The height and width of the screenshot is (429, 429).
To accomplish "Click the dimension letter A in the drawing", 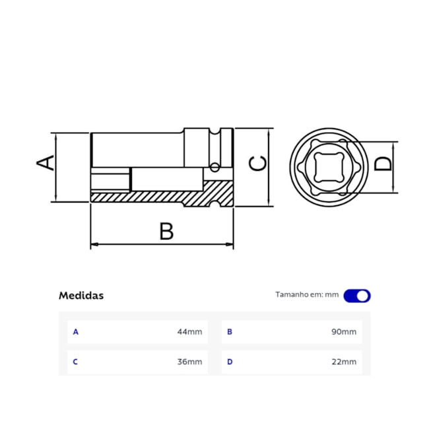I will [x=45, y=162].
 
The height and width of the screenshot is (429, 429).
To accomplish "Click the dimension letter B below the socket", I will [x=166, y=232].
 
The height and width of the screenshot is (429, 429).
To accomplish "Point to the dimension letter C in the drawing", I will [x=258, y=163].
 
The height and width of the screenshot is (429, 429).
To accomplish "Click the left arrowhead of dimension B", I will [x=94, y=245].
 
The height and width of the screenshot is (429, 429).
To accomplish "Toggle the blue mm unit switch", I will [x=357, y=296].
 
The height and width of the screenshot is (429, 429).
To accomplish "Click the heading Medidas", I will [x=81, y=296].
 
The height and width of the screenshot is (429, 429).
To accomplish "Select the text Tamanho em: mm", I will [x=306, y=295].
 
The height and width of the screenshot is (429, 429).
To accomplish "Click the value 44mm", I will [x=189, y=332].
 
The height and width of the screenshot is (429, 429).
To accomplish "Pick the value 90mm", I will [x=344, y=332].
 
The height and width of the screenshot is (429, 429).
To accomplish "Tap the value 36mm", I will [x=189, y=362].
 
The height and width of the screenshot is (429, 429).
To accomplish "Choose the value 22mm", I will [x=344, y=362].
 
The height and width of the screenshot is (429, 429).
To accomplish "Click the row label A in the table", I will [x=75, y=332].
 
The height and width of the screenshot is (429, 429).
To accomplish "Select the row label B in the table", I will [x=230, y=332].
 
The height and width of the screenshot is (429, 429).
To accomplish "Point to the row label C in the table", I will [x=75, y=362].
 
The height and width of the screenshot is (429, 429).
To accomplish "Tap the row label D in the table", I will [x=230, y=362].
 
